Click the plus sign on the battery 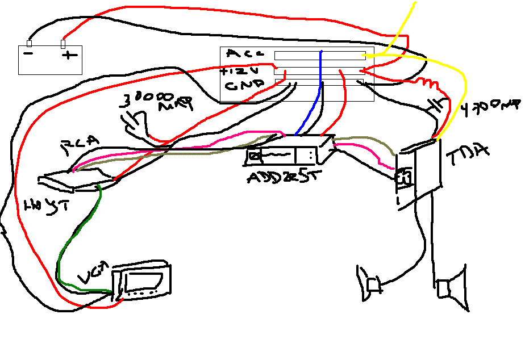[69, 56]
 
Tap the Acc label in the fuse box [244, 54]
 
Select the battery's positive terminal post [63, 44]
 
